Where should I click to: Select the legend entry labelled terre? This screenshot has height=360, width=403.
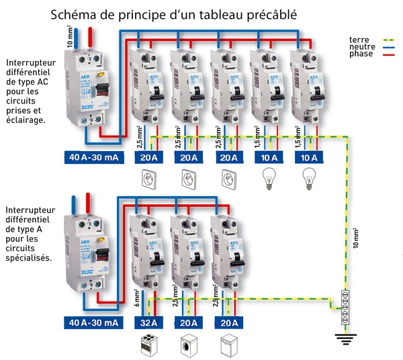click(x=359, y=39)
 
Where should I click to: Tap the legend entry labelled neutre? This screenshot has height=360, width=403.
click(x=361, y=46)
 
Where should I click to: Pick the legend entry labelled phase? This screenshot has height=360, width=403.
click(x=361, y=54)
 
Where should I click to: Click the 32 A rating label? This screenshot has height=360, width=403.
click(x=146, y=323)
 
